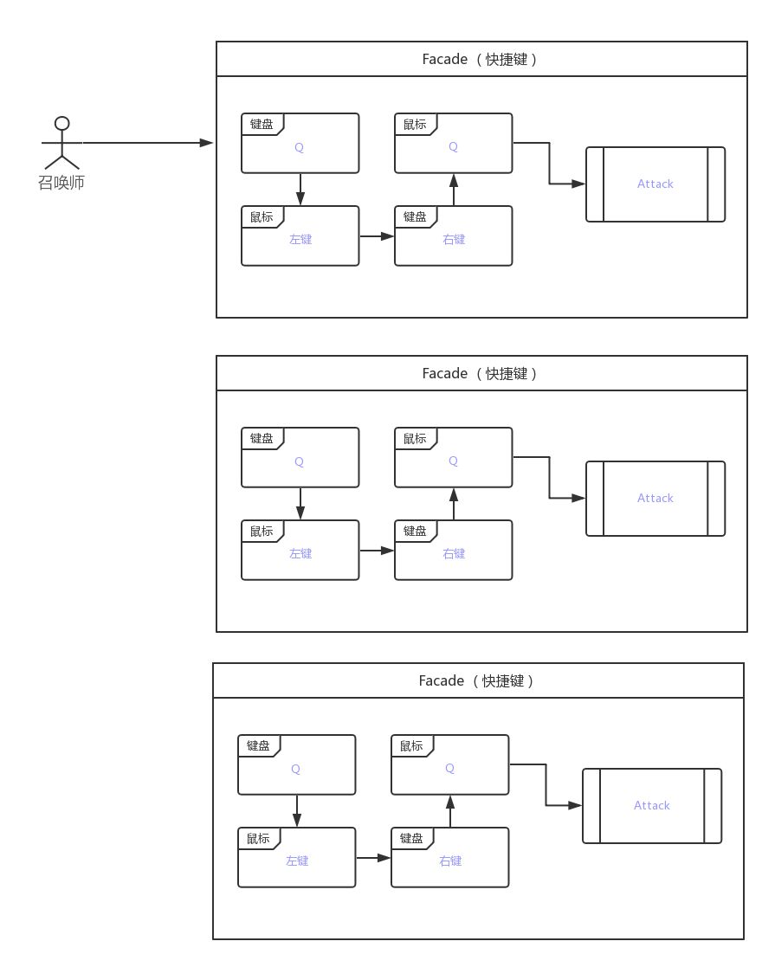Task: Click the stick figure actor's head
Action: click(x=61, y=122)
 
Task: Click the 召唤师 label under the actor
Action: click(x=61, y=183)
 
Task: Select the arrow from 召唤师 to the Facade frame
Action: click(x=147, y=143)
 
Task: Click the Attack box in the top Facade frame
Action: click(x=655, y=184)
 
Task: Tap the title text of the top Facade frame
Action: click(x=481, y=60)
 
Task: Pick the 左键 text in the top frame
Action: click(x=300, y=239)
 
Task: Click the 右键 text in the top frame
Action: click(x=453, y=239)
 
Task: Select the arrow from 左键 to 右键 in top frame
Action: click(x=377, y=235)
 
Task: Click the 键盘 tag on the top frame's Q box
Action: click(x=262, y=125)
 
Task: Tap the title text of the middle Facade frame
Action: click(x=481, y=374)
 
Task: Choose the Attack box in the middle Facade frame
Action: click(x=655, y=498)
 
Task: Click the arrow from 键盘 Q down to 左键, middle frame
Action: click(x=300, y=503)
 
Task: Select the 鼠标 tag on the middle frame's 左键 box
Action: click(x=262, y=532)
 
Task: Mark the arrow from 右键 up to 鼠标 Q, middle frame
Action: click(x=453, y=504)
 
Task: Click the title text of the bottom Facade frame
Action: click(x=477, y=681)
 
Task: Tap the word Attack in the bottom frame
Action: click(x=651, y=805)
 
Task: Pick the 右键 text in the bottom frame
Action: click(x=449, y=861)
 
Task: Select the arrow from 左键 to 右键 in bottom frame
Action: click(x=373, y=857)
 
